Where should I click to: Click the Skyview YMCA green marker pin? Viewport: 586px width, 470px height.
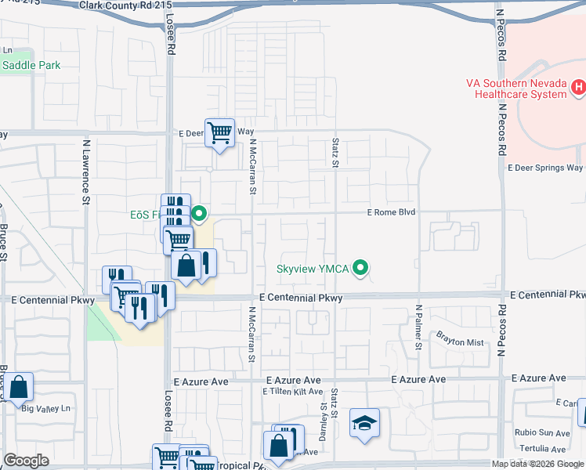(360, 269)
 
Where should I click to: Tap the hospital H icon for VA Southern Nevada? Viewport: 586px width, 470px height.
(579, 85)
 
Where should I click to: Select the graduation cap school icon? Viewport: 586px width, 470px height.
(364, 423)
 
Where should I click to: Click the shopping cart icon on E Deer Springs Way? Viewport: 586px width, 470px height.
(219, 132)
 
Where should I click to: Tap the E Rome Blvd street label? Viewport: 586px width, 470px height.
(390, 212)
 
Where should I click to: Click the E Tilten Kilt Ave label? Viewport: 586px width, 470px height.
(293, 392)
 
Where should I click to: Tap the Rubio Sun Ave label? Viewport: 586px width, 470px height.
(542, 432)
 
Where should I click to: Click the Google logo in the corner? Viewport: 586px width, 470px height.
(26, 461)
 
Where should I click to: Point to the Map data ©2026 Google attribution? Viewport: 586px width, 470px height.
(537, 464)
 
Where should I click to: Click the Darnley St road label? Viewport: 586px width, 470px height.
(324, 418)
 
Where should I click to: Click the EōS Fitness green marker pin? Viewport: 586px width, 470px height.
(199, 213)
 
